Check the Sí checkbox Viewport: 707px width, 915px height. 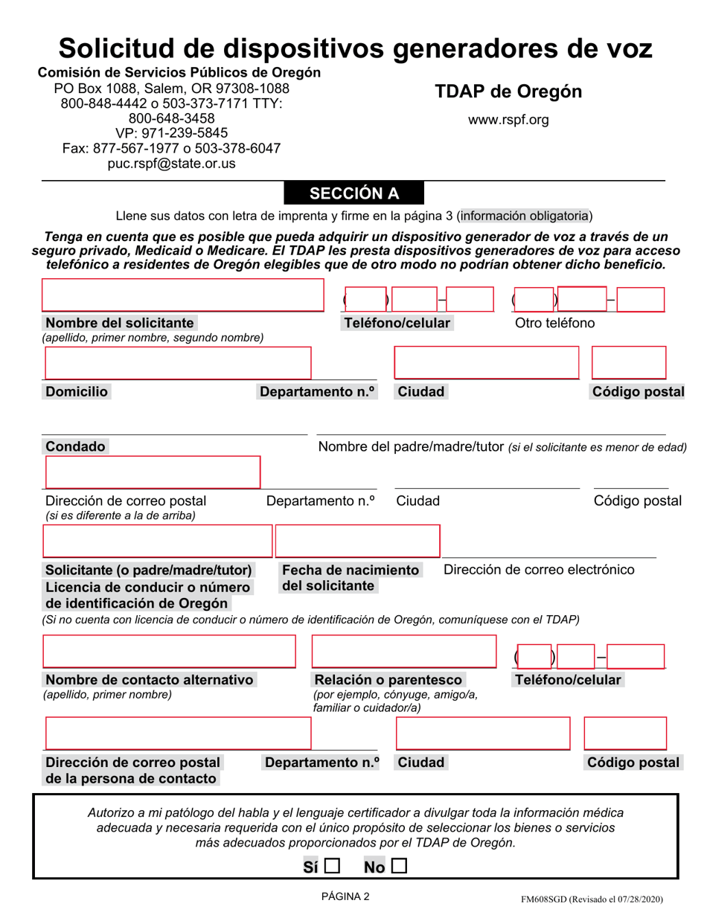click(331, 867)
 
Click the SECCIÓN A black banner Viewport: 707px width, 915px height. click(354, 193)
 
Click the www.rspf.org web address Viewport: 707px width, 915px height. click(508, 120)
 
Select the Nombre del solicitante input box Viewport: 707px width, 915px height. click(183, 295)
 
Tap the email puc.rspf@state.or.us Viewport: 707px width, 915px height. click(172, 163)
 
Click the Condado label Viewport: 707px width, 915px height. click(75, 446)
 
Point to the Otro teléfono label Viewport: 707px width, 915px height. click(555, 323)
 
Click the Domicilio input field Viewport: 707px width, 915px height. click(178, 362)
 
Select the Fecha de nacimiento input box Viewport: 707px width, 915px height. click(357, 541)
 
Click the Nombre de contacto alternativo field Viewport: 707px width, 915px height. click(168, 651)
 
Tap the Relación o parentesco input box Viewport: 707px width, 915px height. click(403, 651)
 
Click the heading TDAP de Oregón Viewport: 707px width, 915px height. click(508, 92)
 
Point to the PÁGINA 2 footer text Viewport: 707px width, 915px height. click(345, 896)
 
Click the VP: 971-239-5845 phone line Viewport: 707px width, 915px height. click(172, 133)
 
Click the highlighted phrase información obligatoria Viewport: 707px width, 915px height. click(525, 216)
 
